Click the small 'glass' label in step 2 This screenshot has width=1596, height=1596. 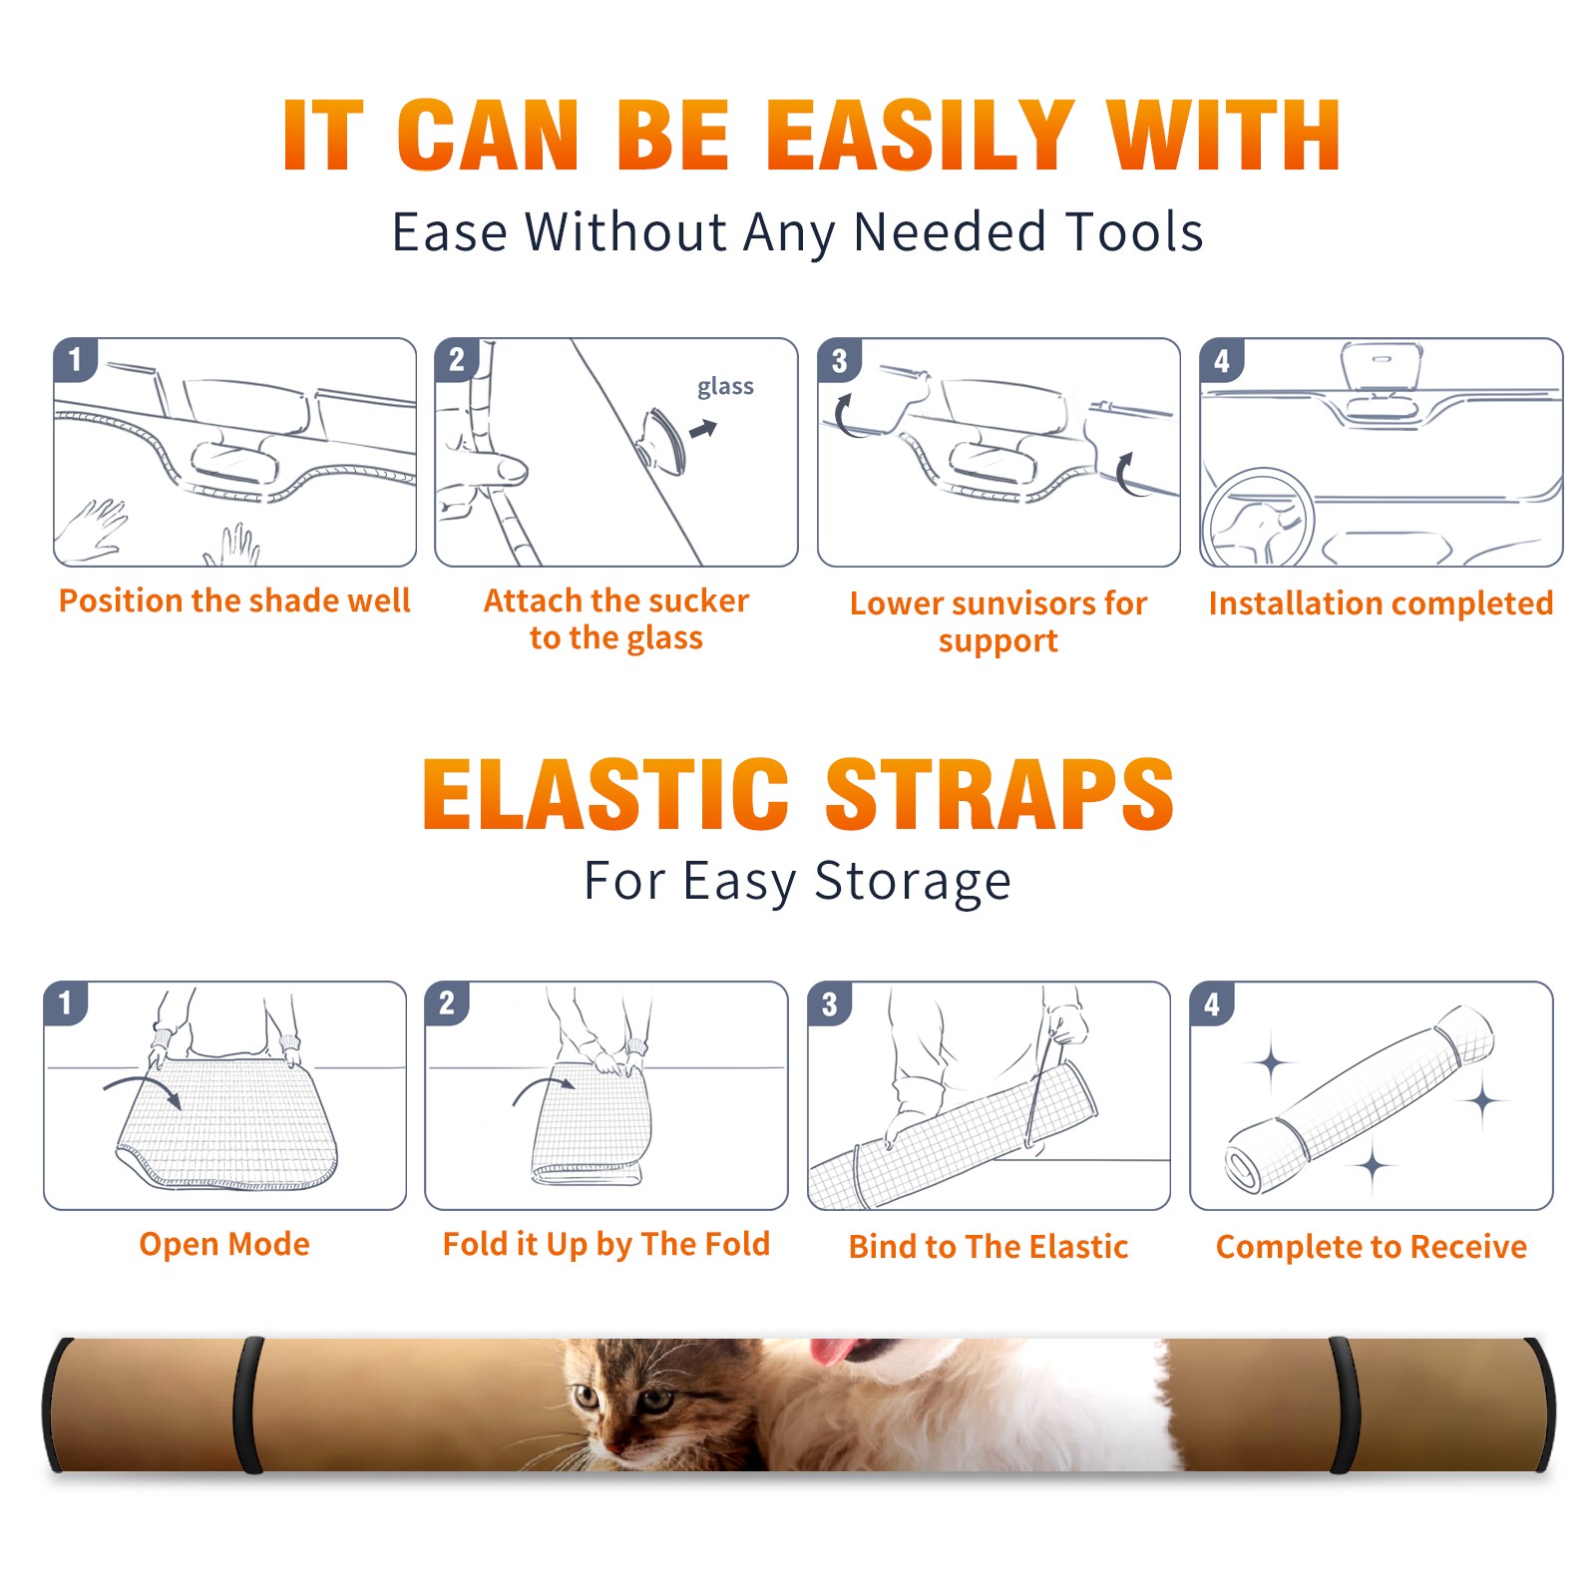pyautogui.click(x=725, y=387)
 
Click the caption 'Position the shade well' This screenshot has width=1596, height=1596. pyautogui.click(x=234, y=600)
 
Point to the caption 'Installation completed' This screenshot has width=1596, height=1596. pyautogui.click(x=1381, y=603)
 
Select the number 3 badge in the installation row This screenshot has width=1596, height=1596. pyautogui.click(x=839, y=360)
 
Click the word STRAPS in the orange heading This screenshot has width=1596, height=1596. pyautogui.click(x=999, y=794)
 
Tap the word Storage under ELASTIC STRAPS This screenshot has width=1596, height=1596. pyautogui.click(x=913, y=882)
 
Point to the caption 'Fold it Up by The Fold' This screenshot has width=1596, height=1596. pyautogui.click(x=606, y=1244)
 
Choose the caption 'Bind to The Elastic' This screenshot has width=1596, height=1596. pyautogui.click(x=989, y=1247)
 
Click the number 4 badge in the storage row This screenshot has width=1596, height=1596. pyautogui.click(x=1212, y=1003)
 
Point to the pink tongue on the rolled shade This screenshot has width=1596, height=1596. pyautogui.click(x=833, y=1351)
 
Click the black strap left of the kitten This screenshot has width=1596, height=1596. pyautogui.click(x=248, y=1404)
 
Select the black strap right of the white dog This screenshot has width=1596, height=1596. pyautogui.click(x=1344, y=1404)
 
